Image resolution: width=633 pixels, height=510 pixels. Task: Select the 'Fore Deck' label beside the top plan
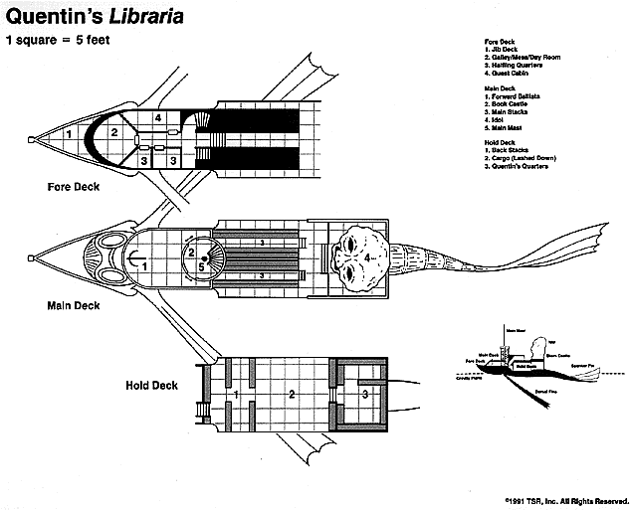[72, 186]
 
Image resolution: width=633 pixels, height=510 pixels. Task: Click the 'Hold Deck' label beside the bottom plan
[151, 386]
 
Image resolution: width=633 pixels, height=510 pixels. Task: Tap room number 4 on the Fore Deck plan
[158, 118]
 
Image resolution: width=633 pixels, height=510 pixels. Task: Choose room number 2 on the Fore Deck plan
[114, 131]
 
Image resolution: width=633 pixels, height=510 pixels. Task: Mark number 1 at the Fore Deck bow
[68, 132]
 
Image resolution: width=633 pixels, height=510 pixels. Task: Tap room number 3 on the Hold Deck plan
[364, 395]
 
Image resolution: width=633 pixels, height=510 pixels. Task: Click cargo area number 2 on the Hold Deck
[292, 395]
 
